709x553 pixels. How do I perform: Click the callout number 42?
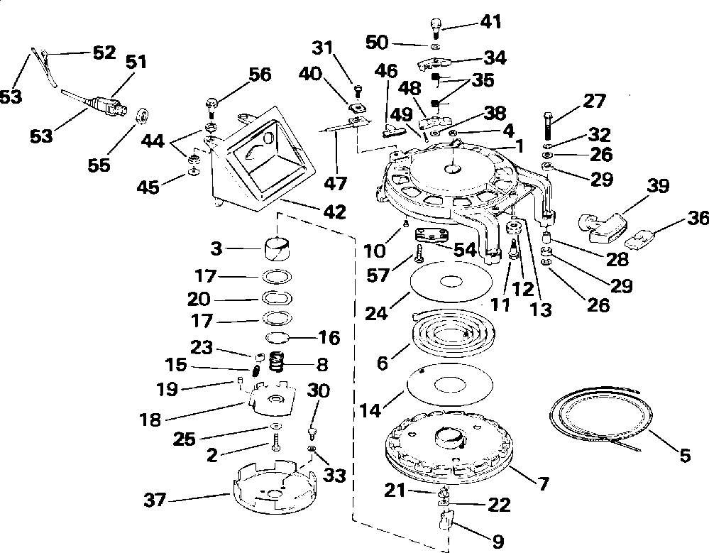tap(334, 212)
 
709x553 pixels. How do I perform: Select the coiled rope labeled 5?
tap(601, 415)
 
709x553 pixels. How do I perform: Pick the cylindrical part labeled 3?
tap(277, 250)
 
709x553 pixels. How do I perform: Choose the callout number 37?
tap(155, 500)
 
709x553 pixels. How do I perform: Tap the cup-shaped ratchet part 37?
tap(275, 488)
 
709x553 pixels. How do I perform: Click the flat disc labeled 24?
tap(451, 282)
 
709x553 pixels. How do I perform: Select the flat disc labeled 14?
tap(450, 384)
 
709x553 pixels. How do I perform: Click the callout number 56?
tap(260, 75)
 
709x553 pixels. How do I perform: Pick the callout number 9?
tap(497, 541)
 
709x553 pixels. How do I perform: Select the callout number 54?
tap(464, 250)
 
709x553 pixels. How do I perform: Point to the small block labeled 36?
tap(641, 239)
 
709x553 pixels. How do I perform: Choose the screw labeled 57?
tap(419, 253)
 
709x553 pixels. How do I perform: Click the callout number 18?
tap(150, 420)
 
